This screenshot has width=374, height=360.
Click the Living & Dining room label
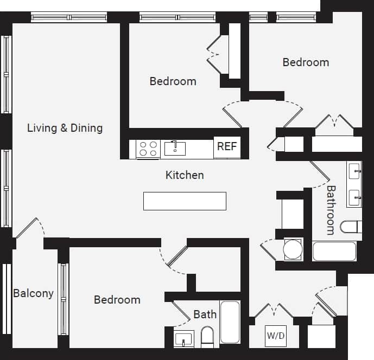click(65, 128)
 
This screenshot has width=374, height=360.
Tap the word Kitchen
click(185, 175)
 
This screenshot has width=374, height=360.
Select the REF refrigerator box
click(226, 146)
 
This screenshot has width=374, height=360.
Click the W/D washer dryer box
click(275, 336)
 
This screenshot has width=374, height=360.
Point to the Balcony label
click(33, 293)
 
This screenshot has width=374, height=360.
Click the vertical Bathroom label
click(331, 210)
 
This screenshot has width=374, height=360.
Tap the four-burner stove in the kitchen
click(147, 149)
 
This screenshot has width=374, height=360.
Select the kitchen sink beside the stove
click(175, 148)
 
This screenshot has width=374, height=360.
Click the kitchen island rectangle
click(185, 201)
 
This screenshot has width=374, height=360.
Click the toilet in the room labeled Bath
click(207, 337)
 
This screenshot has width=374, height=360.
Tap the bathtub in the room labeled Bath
click(230, 322)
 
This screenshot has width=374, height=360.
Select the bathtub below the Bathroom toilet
click(334, 251)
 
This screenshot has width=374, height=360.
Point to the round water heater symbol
click(293, 249)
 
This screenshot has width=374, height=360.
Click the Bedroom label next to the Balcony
click(117, 300)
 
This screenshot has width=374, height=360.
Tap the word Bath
click(205, 314)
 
